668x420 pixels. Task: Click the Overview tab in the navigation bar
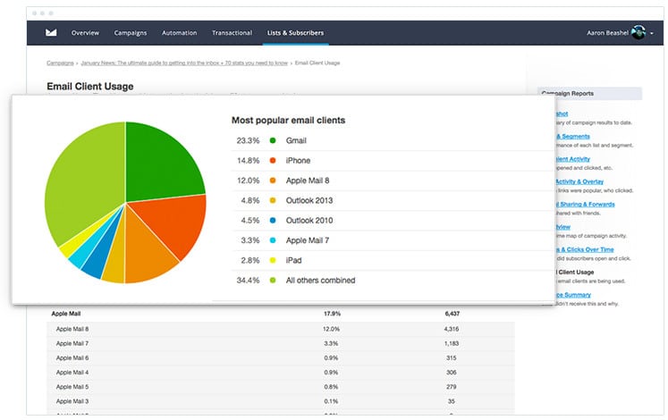(x=85, y=33)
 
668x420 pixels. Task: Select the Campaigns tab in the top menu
(x=131, y=33)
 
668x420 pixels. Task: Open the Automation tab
(x=180, y=33)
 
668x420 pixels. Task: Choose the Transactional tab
(x=232, y=33)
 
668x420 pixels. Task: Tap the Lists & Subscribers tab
(x=295, y=33)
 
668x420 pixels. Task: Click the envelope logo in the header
(x=52, y=33)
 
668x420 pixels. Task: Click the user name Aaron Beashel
(x=607, y=33)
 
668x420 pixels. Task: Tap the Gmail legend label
(x=295, y=141)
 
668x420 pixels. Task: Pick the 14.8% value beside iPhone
(x=248, y=161)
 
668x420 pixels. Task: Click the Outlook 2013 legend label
(x=309, y=200)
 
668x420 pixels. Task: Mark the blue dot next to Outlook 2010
(x=272, y=221)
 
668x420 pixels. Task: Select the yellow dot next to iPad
(x=272, y=260)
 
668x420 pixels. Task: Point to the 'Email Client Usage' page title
(x=90, y=87)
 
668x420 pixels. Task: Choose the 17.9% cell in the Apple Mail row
(x=331, y=314)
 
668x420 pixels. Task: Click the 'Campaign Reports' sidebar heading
(x=566, y=93)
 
